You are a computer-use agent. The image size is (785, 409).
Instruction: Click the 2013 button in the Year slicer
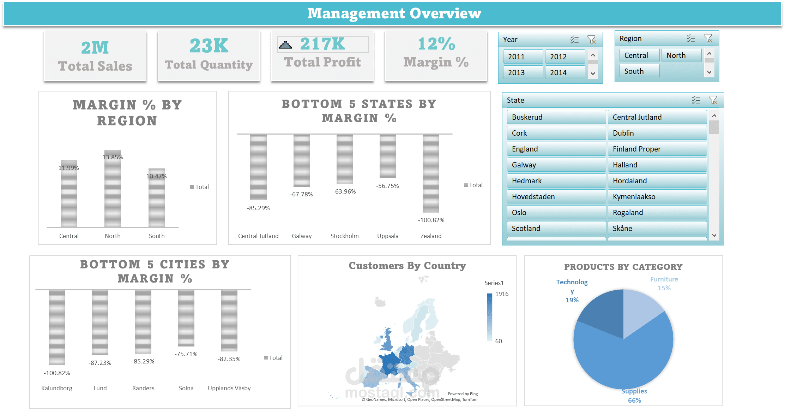[523, 72]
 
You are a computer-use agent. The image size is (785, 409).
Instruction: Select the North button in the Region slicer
[681, 55]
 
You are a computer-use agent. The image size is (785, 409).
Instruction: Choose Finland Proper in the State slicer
[657, 149]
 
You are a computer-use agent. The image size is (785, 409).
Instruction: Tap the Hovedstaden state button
[556, 197]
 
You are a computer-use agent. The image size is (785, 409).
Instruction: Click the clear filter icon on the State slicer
[713, 100]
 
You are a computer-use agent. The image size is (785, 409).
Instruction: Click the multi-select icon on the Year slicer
[574, 40]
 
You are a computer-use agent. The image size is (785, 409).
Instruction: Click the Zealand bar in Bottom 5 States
[431, 173]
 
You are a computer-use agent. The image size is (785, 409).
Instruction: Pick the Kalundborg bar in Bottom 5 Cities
[57, 327]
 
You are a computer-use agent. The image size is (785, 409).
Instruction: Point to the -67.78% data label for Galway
[301, 194]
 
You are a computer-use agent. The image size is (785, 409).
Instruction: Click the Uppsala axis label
[388, 236]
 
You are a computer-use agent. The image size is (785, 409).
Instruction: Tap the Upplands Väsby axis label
[229, 388]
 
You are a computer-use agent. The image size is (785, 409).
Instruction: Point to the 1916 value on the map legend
[502, 294]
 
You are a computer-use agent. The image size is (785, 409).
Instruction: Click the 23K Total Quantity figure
[209, 46]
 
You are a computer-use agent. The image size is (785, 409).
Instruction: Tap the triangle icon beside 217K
[285, 45]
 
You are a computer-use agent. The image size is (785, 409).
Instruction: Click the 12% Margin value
[436, 44]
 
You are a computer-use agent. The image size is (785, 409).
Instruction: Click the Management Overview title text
[394, 13]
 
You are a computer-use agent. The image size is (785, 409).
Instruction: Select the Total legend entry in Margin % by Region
[200, 187]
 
